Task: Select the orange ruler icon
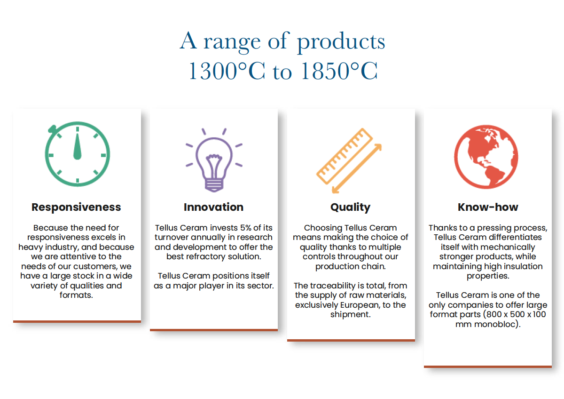point(345,156)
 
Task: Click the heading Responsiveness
point(76,207)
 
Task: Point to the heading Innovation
point(213,207)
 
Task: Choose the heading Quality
point(351,207)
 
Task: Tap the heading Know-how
point(488,207)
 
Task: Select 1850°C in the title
point(339,71)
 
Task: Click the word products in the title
point(341,42)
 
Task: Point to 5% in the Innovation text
point(246,228)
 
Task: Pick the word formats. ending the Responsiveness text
point(76,295)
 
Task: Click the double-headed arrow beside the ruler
point(357,168)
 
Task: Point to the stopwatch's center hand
point(77,146)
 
